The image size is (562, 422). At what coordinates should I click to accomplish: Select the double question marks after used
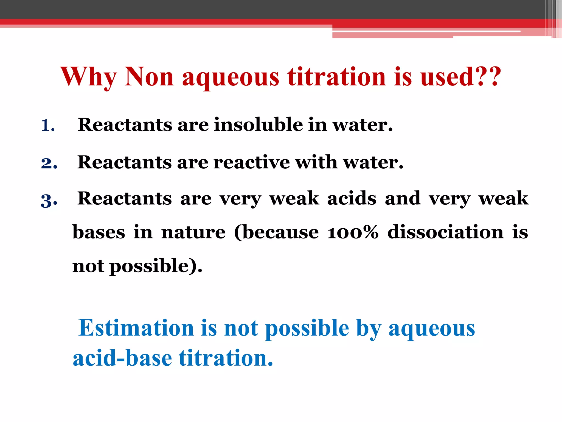pyautogui.click(x=487, y=77)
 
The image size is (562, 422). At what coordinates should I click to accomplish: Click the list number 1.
pyautogui.click(x=47, y=126)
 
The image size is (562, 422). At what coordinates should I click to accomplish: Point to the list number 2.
pyautogui.click(x=49, y=163)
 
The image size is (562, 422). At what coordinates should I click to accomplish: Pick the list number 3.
pyautogui.click(x=49, y=200)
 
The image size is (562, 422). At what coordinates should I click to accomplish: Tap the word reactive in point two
pyautogui.click(x=251, y=162)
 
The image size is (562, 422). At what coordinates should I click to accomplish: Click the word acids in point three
pyautogui.click(x=352, y=198)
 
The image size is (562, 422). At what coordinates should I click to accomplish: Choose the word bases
pyautogui.click(x=99, y=232)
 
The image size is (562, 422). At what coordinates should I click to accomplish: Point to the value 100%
pyautogui.click(x=353, y=232)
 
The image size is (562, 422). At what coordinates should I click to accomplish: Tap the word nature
pyautogui.click(x=193, y=232)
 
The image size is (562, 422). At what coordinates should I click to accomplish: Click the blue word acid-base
pyautogui.click(x=122, y=358)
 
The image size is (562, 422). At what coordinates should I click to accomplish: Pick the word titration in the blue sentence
pyautogui.click(x=226, y=358)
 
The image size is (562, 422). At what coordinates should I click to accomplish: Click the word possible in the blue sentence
pyautogui.click(x=307, y=329)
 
